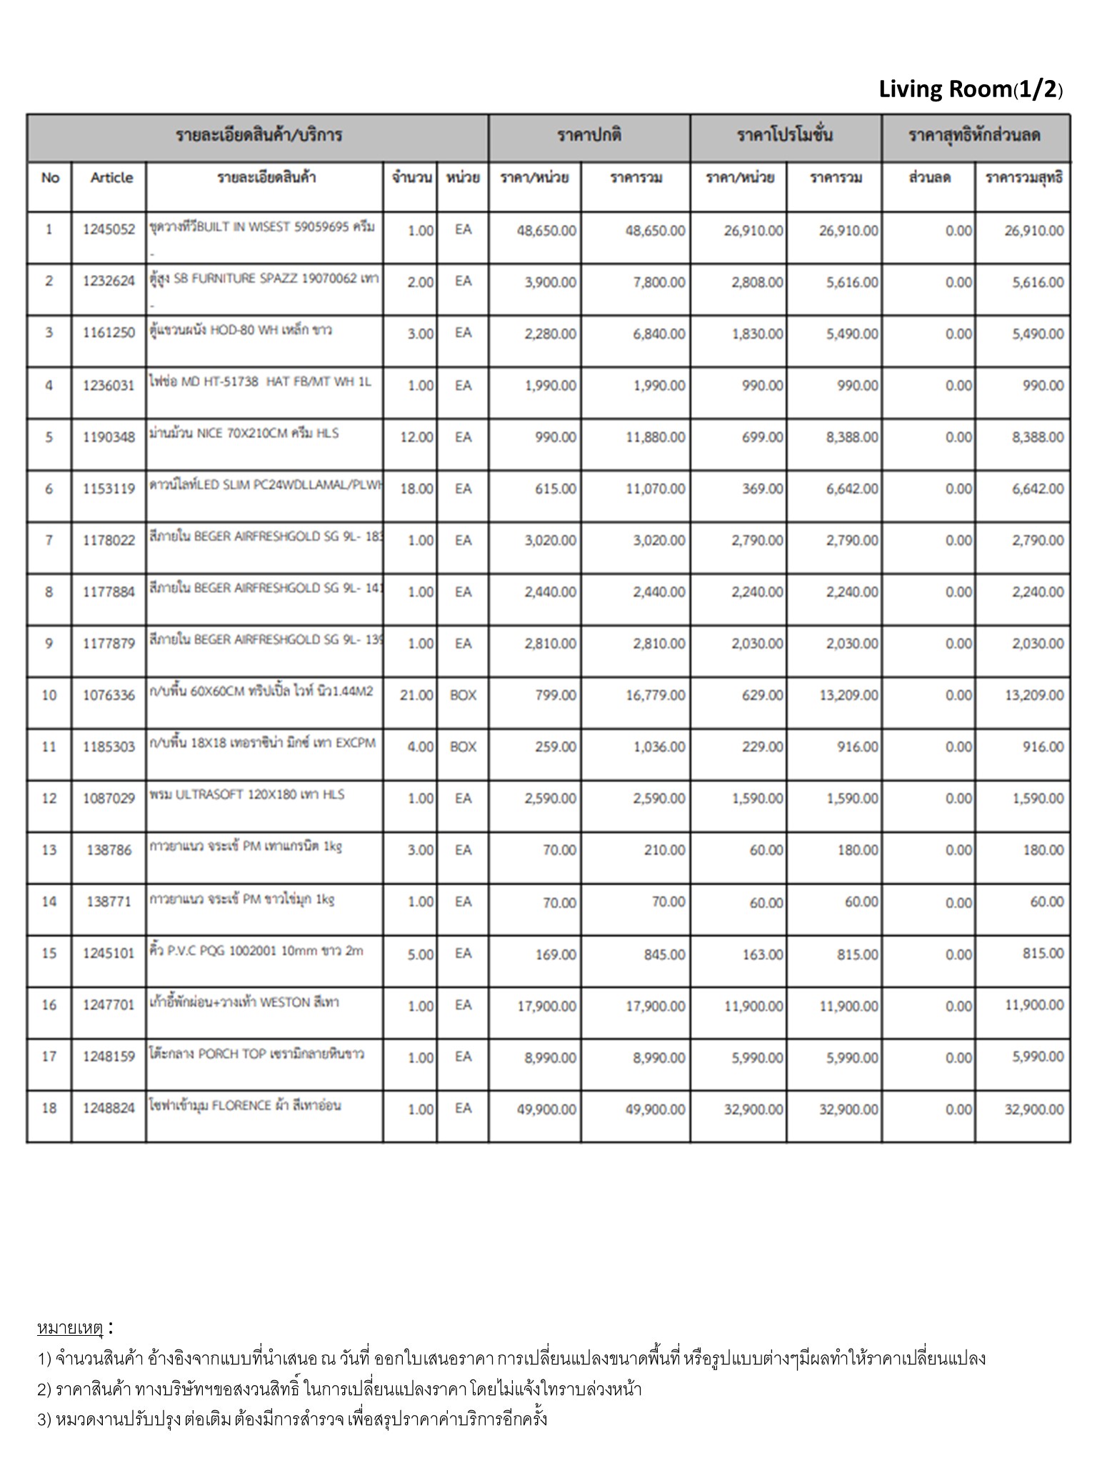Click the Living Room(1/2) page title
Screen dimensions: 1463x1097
pyautogui.click(x=971, y=90)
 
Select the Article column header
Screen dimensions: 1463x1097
pyautogui.click(x=111, y=178)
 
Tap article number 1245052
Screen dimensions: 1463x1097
pyautogui.click(x=109, y=230)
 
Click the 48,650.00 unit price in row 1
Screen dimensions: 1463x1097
pyautogui.click(x=546, y=231)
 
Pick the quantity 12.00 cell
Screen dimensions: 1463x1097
pyautogui.click(x=416, y=437)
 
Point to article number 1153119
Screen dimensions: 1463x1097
pyautogui.click(x=109, y=489)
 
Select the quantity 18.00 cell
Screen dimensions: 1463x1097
pyautogui.click(x=416, y=489)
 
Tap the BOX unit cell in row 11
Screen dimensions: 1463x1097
pyautogui.click(x=463, y=747)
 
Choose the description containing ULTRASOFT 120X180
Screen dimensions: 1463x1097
pyautogui.click(x=247, y=794)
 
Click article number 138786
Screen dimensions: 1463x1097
pyautogui.click(x=109, y=850)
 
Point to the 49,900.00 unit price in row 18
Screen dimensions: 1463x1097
pyautogui.click(x=546, y=1109)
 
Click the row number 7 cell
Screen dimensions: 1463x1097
pyautogui.click(x=49, y=541)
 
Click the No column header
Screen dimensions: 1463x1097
pyautogui.click(x=50, y=178)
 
